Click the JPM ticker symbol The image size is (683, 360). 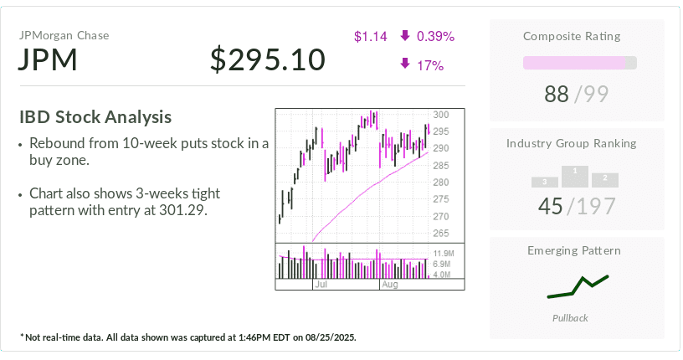(48, 59)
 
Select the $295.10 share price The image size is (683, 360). (268, 59)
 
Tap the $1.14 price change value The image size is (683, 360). (370, 36)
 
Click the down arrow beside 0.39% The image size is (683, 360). (405, 35)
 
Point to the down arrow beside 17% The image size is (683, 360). (405, 64)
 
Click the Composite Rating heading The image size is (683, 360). (572, 36)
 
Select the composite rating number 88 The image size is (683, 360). (557, 94)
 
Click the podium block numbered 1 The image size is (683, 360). (575, 177)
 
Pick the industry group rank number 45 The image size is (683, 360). (551, 206)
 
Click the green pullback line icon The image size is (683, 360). (578, 287)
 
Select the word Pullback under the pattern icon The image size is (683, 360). (570, 318)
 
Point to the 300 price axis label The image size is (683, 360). (441, 115)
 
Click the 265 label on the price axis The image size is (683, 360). (441, 234)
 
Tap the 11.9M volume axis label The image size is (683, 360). (443, 253)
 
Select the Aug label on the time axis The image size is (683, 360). (390, 284)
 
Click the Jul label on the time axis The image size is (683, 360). (321, 284)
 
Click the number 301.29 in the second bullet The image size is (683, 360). (182, 210)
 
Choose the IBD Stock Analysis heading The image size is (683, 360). (95, 117)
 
